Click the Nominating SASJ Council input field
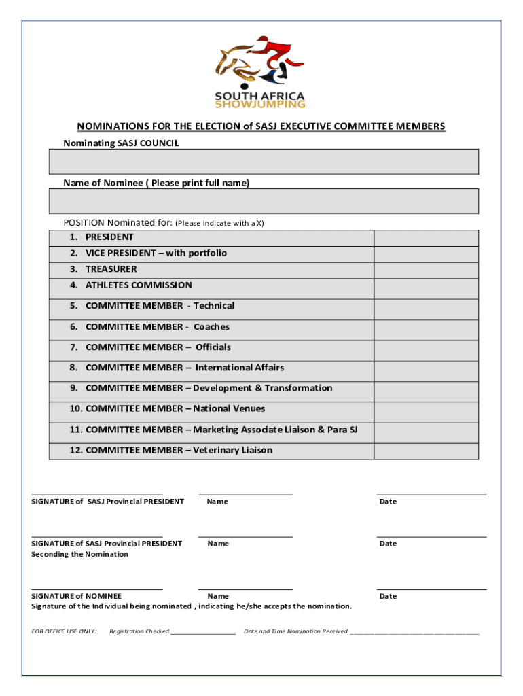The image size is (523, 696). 264,162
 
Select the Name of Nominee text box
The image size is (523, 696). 264,201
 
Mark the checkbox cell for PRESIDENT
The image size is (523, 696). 426,238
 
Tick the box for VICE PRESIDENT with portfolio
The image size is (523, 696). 426,254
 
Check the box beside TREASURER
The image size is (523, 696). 426,270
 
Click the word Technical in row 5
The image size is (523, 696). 214,306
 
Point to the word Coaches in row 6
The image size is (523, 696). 211,327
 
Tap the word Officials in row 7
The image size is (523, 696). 213,347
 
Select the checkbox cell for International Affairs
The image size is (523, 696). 426,370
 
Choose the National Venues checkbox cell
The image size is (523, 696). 426,412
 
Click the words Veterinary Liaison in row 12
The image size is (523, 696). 232,450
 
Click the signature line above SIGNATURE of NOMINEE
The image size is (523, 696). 97,589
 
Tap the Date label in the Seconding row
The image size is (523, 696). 388,544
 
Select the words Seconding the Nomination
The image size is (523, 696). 79,554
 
